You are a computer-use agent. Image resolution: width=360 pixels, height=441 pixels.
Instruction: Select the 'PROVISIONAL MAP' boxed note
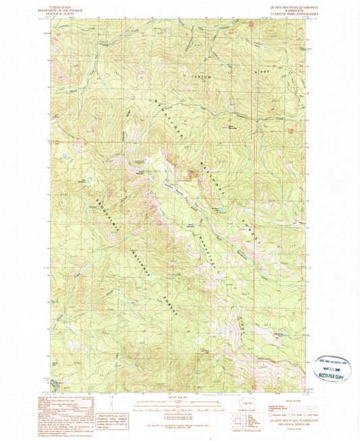(x=110, y=404)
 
